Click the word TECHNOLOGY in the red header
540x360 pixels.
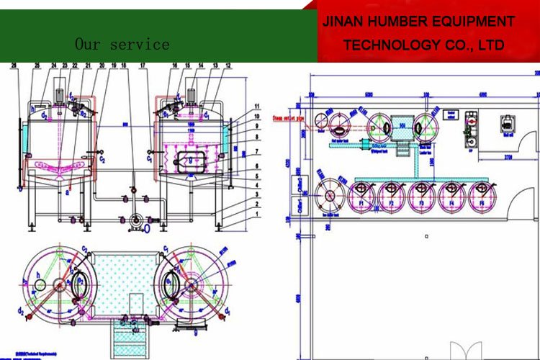click(x=390, y=45)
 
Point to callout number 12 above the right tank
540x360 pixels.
click(x=228, y=66)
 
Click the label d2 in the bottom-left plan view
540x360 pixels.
click(x=24, y=312)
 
